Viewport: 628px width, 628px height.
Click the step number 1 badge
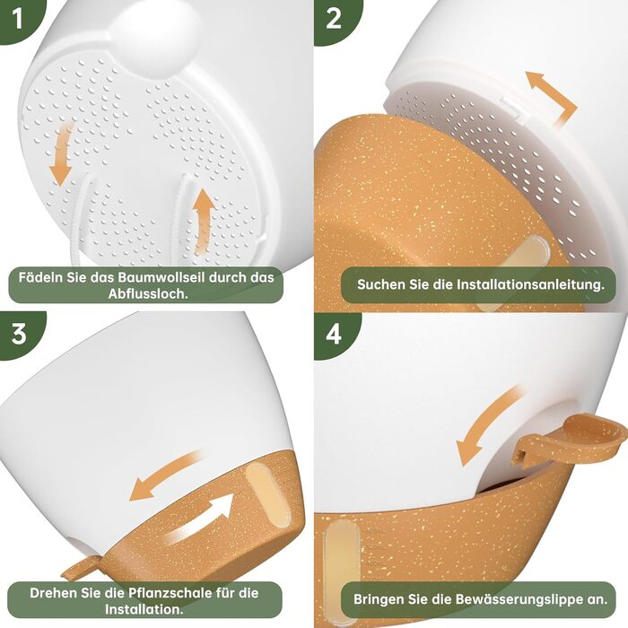[18, 19]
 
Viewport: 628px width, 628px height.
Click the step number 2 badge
[333, 19]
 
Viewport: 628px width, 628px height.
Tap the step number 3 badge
[19, 334]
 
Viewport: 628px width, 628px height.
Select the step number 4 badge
[334, 334]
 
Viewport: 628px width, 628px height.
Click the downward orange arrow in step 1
[61, 154]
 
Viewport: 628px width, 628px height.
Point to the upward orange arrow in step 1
[204, 221]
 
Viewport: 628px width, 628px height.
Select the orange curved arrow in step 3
[166, 475]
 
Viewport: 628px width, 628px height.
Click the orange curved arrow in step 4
[486, 426]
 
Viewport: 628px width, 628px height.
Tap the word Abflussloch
[148, 293]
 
